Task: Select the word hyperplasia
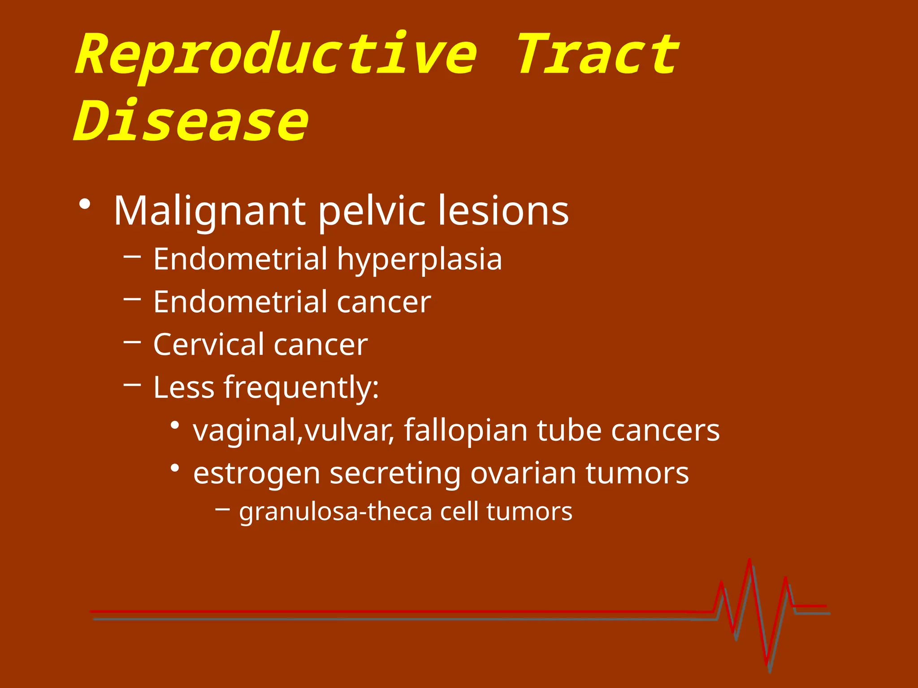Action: (x=419, y=259)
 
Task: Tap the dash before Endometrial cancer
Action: (x=132, y=299)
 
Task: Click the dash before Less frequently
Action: (x=132, y=384)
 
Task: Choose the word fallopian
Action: (x=466, y=430)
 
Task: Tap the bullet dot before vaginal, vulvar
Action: (x=175, y=425)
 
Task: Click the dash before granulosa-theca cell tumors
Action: (x=223, y=509)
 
